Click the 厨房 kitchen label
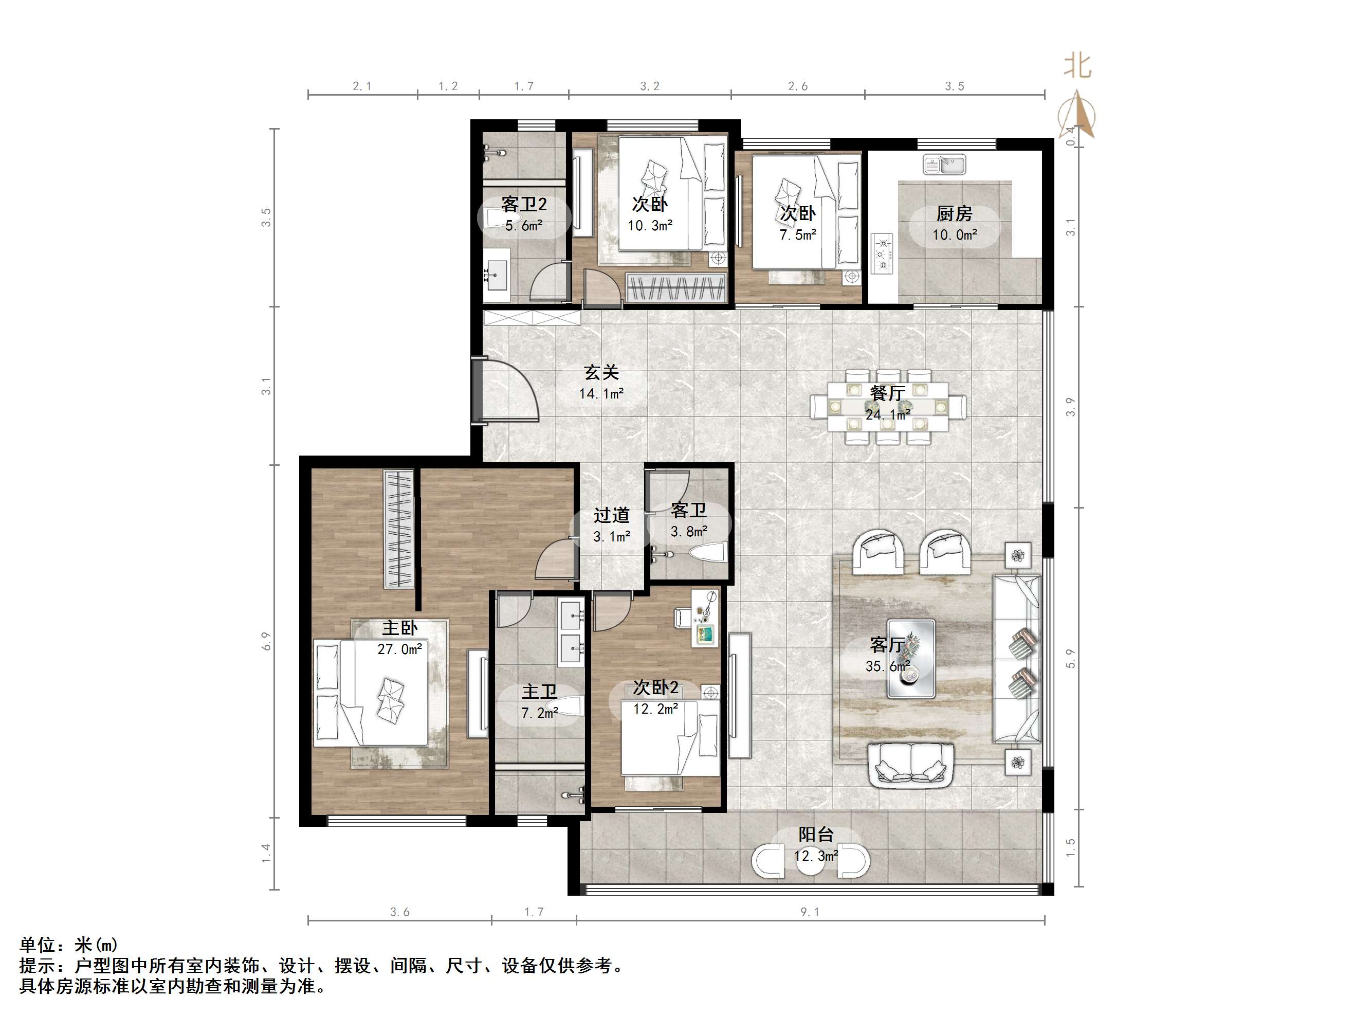(x=954, y=213)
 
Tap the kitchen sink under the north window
(x=944, y=165)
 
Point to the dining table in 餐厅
(x=888, y=406)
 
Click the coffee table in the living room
(x=911, y=658)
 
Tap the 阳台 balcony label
(x=815, y=835)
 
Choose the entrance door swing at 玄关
(x=505, y=390)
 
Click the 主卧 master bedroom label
(x=400, y=628)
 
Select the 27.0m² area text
(x=399, y=649)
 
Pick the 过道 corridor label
(x=611, y=515)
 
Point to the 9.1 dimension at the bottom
(x=810, y=912)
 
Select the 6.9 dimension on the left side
(x=266, y=641)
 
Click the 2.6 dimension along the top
(x=798, y=86)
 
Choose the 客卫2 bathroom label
(x=524, y=204)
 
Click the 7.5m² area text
(x=798, y=235)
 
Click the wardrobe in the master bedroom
(x=399, y=529)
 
